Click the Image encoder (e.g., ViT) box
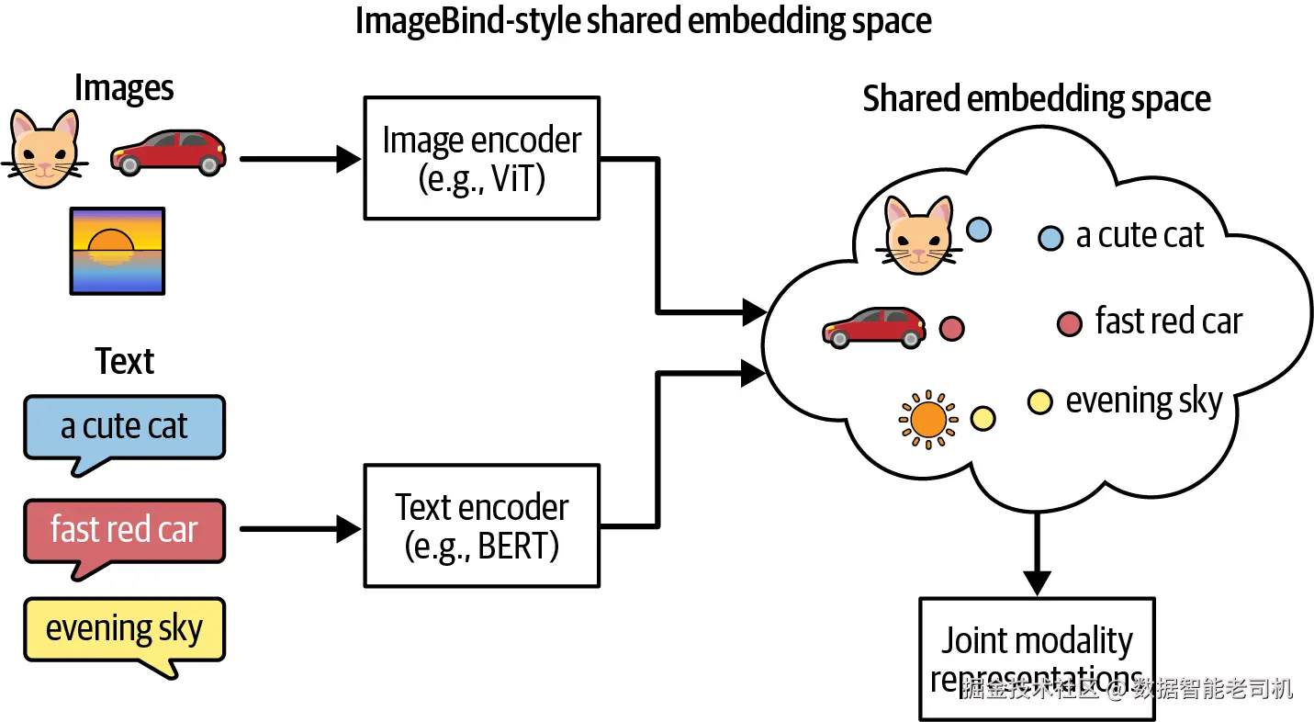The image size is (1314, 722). tap(481, 159)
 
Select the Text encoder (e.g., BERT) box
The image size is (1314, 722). tap(481, 526)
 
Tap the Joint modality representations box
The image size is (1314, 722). tap(1037, 660)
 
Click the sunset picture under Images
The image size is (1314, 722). tap(118, 251)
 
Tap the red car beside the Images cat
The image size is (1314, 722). tap(168, 152)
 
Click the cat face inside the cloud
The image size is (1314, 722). tap(918, 235)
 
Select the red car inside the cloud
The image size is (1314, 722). tap(874, 328)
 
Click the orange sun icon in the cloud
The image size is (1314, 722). tap(928, 420)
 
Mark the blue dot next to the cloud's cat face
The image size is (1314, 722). tap(979, 230)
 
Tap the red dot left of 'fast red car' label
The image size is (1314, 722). tap(1070, 323)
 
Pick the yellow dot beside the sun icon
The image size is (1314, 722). tap(983, 419)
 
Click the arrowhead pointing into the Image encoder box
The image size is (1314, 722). tap(348, 159)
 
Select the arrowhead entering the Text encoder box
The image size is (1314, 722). tap(348, 529)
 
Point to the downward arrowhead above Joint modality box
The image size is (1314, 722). tap(1037, 583)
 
